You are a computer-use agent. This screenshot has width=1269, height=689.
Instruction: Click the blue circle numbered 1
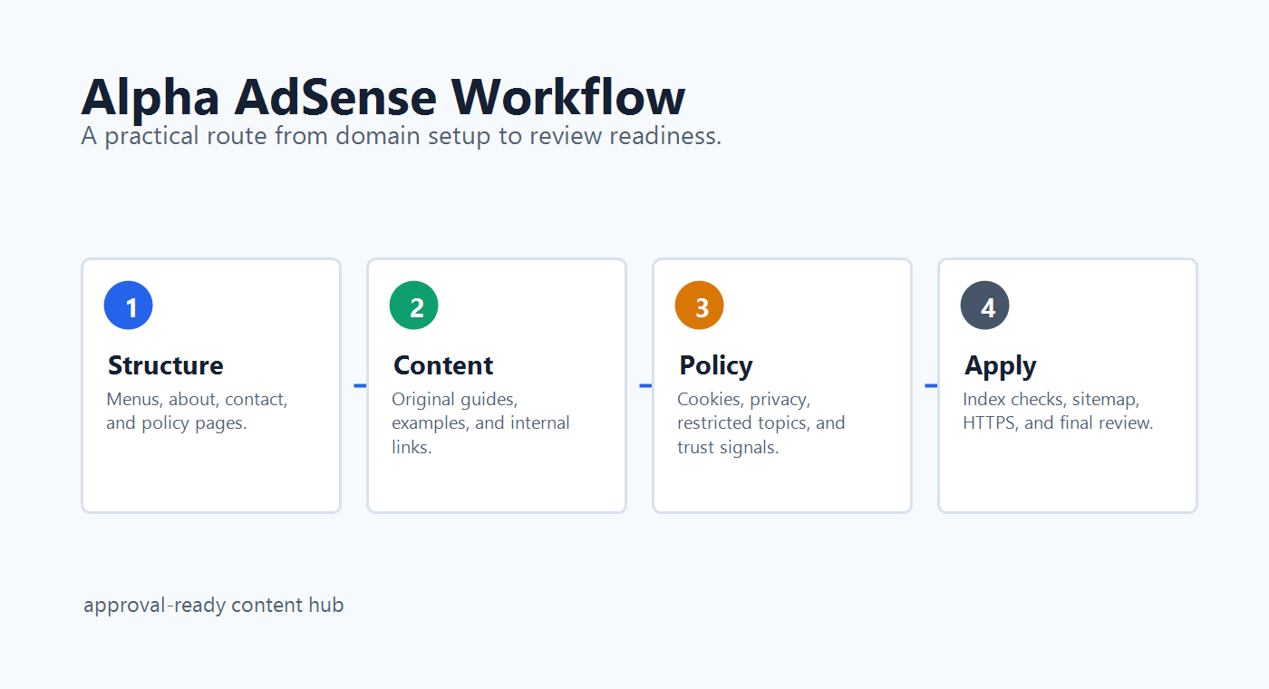[128, 306]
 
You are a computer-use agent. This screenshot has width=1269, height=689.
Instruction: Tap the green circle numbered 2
[413, 306]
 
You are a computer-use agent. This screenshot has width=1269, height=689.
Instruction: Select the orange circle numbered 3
[699, 306]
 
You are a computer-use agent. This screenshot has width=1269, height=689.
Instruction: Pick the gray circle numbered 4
[984, 306]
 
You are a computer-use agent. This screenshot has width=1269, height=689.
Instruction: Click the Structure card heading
[165, 365]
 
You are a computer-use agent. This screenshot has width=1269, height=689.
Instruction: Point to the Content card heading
[443, 365]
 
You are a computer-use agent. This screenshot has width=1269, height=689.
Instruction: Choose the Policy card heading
[716, 366]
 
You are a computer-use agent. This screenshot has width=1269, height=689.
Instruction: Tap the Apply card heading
[1001, 366]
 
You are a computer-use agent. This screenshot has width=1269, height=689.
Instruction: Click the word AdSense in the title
[335, 98]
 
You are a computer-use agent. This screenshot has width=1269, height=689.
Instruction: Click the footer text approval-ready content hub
[214, 606]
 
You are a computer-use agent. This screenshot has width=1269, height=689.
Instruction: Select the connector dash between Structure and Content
[360, 386]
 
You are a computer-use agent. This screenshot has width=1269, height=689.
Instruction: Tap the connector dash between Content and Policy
[645, 386]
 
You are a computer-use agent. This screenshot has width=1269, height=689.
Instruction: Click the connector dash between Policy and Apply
[931, 386]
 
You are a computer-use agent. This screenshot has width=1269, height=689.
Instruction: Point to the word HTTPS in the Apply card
[989, 422]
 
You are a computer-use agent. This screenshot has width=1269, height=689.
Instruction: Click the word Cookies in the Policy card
[711, 400]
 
